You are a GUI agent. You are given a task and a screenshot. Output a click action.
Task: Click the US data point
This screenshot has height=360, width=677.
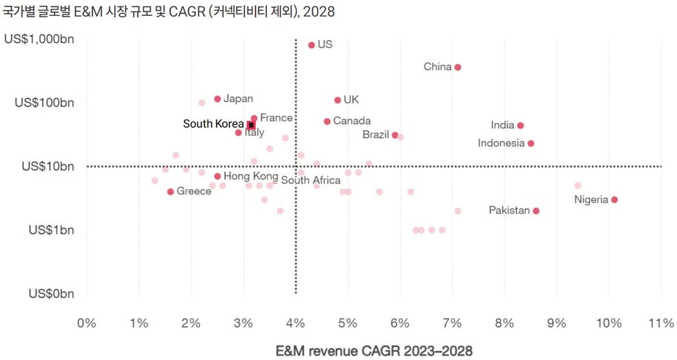tap(311, 45)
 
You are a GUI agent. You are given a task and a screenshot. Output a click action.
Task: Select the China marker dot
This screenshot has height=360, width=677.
tap(458, 67)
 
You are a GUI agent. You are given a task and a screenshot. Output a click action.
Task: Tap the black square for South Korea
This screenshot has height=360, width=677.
tap(251, 124)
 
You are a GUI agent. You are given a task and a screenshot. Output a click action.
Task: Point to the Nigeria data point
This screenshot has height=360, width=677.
tap(615, 200)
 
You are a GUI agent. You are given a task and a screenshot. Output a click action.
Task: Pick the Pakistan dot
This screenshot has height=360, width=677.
tap(536, 211)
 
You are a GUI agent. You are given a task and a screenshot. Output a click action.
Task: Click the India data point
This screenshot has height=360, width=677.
tap(520, 125)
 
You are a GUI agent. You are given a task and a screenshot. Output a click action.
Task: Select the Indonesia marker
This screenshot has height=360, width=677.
tap(531, 144)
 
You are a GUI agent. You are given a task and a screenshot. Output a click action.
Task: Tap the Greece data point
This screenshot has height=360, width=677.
tap(170, 192)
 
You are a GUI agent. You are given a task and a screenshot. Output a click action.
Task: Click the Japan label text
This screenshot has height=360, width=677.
tap(238, 99)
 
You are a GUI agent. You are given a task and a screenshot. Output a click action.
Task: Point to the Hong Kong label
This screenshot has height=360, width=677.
tap(250, 176)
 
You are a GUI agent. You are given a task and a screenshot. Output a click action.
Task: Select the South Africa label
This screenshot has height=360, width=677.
tap(311, 181)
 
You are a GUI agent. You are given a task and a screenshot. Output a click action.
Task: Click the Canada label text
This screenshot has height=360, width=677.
tap(352, 121)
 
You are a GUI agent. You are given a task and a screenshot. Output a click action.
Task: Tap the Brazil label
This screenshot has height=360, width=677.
tap(375, 135)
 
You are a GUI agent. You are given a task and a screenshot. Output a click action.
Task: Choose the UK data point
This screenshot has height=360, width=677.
tap(337, 100)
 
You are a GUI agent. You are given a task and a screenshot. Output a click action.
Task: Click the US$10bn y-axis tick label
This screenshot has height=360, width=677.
tap(48, 166)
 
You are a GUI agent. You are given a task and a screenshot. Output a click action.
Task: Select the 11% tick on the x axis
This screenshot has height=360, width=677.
tap(662, 323)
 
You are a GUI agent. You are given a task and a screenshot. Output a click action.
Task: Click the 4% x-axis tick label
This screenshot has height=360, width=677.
tap(295, 323)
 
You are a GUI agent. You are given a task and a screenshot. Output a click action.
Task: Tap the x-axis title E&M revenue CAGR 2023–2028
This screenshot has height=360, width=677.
tap(374, 350)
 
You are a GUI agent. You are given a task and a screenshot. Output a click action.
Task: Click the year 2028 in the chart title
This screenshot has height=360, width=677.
tap(319, 12)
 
